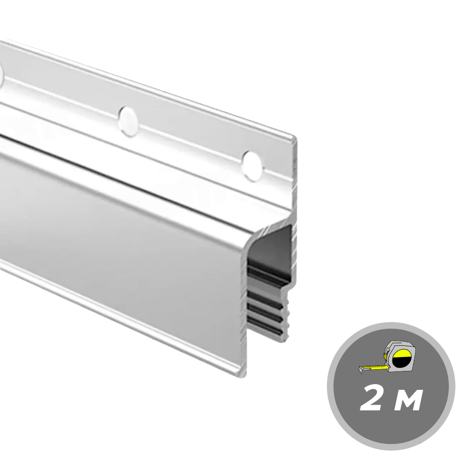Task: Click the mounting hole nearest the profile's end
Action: coord(252,166)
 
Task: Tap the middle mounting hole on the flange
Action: coord(129,121)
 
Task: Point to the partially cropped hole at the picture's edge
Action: coord(1,76)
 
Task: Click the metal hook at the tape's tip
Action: coord(361,370)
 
